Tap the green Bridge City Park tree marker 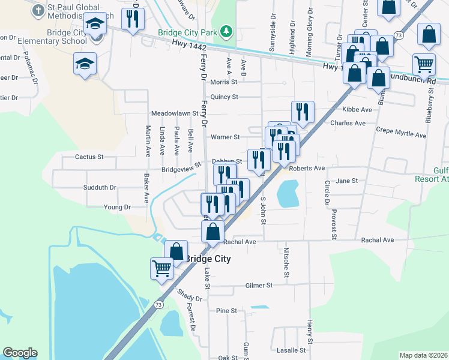226,31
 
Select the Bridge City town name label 208,259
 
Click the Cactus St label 89,157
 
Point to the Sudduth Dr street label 100,188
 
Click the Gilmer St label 259,286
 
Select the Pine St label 227,311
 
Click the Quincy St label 224,97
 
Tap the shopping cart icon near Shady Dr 161,269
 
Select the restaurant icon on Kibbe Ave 303,111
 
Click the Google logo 20,353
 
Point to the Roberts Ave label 307,169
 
